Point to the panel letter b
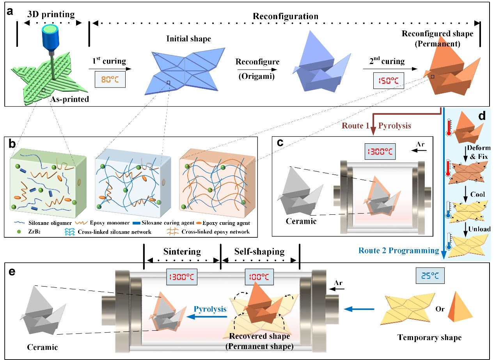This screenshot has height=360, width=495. tap(14, 143)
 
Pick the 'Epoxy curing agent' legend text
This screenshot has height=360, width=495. tap(227, 223)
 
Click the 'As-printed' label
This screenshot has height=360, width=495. tap(69, 99)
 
